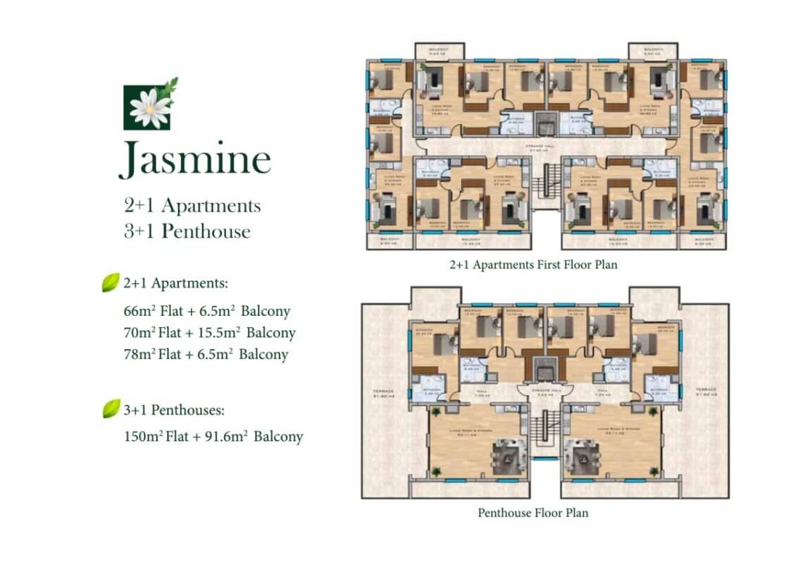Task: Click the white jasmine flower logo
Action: tap(150, 107)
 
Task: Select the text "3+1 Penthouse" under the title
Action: tap(187, 231)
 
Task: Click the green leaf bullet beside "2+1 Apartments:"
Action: tap(111, 283)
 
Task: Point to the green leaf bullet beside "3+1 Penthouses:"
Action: tap(111, 408)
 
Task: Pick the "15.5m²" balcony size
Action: tap(219, 332)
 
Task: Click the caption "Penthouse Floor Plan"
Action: tap(533, 513)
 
